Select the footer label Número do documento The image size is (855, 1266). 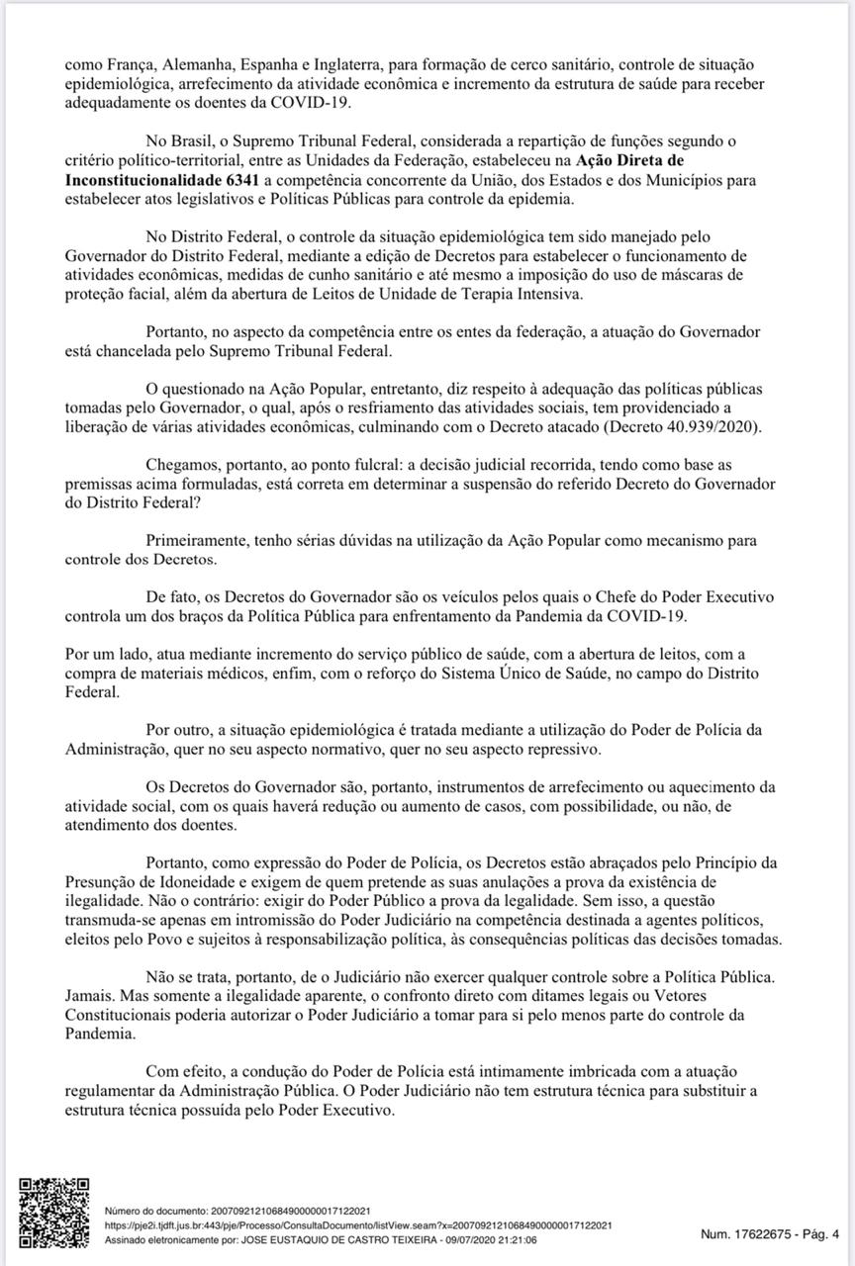pyautogui.click(x=151, y=1211)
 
